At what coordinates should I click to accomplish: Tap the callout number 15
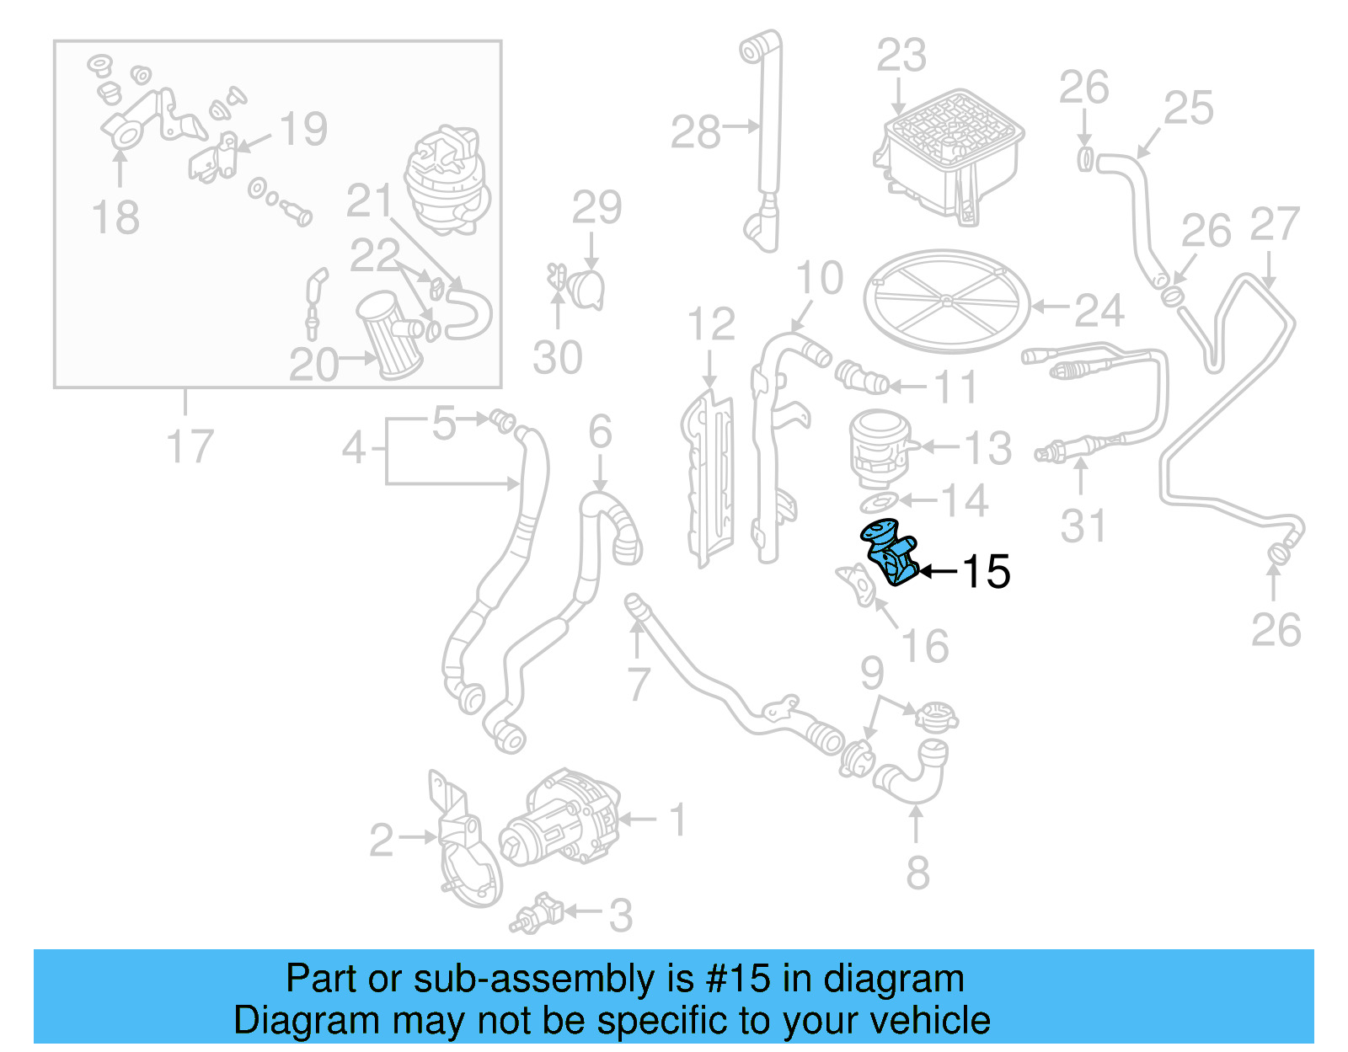point(985,572)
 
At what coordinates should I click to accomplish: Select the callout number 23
point(901,56)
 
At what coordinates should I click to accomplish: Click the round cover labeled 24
point(947,301)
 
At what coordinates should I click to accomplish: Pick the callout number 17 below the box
point(190,446)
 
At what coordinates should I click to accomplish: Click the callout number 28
point(695,132)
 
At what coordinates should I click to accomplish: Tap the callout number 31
point(1083,526)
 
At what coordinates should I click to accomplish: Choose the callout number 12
point(711,324)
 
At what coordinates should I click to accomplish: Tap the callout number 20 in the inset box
point(313,365)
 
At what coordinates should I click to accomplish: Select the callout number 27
point(1275,224)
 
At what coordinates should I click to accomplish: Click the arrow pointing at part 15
point(938,572)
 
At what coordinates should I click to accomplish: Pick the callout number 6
point(600,432)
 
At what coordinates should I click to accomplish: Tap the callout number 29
point(596,207)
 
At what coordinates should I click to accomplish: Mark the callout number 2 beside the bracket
point(381,840)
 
